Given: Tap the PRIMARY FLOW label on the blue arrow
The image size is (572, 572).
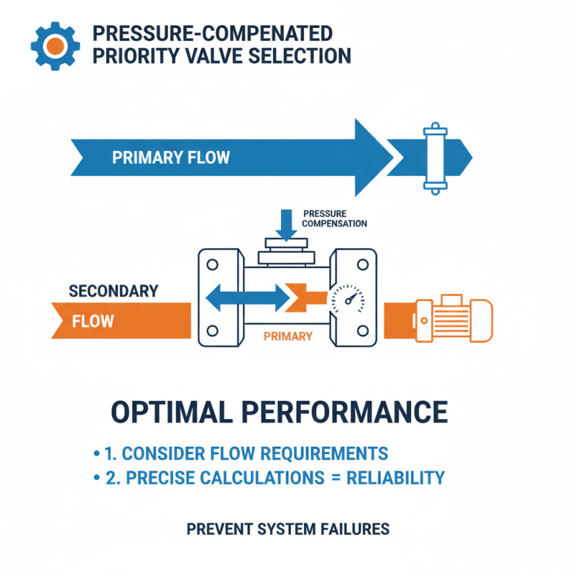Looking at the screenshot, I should pos(171,157).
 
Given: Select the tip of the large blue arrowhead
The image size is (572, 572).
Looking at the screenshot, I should pos(392,157).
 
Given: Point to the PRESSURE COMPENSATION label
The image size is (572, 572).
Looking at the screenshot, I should pos(335,219).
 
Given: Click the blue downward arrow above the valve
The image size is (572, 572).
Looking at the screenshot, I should pos(287,223).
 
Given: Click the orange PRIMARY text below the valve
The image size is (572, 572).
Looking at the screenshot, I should pos(287,336).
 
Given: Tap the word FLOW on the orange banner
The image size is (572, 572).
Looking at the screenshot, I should pos(93,320).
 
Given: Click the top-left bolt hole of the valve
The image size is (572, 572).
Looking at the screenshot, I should pos(212,263).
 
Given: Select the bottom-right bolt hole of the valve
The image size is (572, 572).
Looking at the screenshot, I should pos(363,330).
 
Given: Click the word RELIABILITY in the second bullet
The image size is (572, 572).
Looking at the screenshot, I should pos(395,478).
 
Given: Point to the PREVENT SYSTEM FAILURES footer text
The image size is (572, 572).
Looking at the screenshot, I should pos(288,529).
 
